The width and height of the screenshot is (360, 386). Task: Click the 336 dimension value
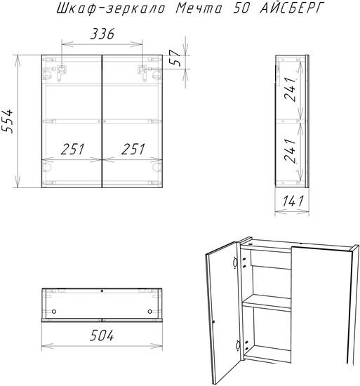pos(102,34)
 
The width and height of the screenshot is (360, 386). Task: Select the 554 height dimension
pos(7,121)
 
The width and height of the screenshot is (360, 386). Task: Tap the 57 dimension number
pos(176,58)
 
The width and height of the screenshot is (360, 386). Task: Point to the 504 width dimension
pos(102,335)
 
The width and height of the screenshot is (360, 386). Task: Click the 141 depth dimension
pos(293,201)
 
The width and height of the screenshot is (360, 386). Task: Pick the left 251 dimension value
pos(72,149)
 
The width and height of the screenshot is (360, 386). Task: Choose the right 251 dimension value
pos(133,149)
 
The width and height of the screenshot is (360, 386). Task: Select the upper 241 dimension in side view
pos(289,89)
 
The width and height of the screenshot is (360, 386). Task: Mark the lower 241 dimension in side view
pos(289,150)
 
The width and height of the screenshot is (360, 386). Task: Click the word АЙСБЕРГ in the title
pos(291,8)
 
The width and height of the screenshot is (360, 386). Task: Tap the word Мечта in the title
pos(199,8)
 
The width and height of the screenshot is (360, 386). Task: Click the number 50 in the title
pos(241,8)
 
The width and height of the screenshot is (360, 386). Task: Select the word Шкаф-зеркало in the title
pos(111,9)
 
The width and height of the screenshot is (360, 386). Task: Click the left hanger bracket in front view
pos(62,72)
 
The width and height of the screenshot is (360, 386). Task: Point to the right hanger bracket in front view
pos(142,72)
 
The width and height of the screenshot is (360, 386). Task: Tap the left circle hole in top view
pos(54,312)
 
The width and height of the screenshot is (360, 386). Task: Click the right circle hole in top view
pos(150,312)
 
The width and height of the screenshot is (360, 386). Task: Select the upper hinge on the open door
pos(235,263)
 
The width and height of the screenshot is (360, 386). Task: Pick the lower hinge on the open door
pos(238,345)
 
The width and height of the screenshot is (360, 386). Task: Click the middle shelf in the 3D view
pos(267,303)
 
